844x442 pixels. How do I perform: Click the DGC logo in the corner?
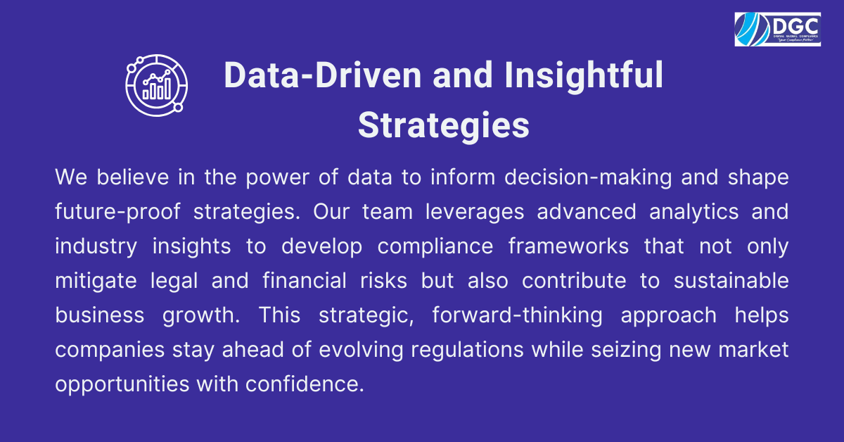pyautogui.click(x=778, y=30)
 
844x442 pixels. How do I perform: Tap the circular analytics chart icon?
pyautogui.click(x=157, y=85)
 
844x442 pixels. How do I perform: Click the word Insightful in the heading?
pyautogui.click(x=584, y=75)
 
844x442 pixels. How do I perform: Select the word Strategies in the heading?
pyautogui.click(x=444, y=125)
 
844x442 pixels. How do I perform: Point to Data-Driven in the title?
pyautogui.click(x=323, y=75)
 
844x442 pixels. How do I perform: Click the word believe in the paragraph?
pyautogui.click(x=133, y=177)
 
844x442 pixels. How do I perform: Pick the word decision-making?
pyautogui.click(x=588, y=178)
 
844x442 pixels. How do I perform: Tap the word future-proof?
pyautogui.click(x=117, y=212)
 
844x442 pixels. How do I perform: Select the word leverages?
pyautogui.click(x=475, y=213)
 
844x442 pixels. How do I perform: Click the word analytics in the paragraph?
pyautogui.click(x=694, y=213)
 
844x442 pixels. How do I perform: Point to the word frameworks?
pyautogui.click(x=568, y=246)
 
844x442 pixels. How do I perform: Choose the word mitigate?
pyautogui.click(x=96, y=282)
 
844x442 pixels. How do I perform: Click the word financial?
pyautogui.click(x=305, y=280)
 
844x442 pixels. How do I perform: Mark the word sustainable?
pyautogui.click(x=731, y=280)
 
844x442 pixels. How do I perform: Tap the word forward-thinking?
pyautogui.click(x=518, y=315)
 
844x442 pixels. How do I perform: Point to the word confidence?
pyautogui.click(x=305, y=384)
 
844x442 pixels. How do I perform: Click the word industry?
pyautogui.click(x=96, y=247)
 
